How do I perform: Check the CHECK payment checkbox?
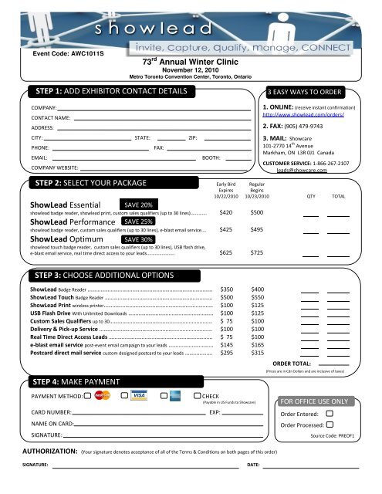tap(194, 396)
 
